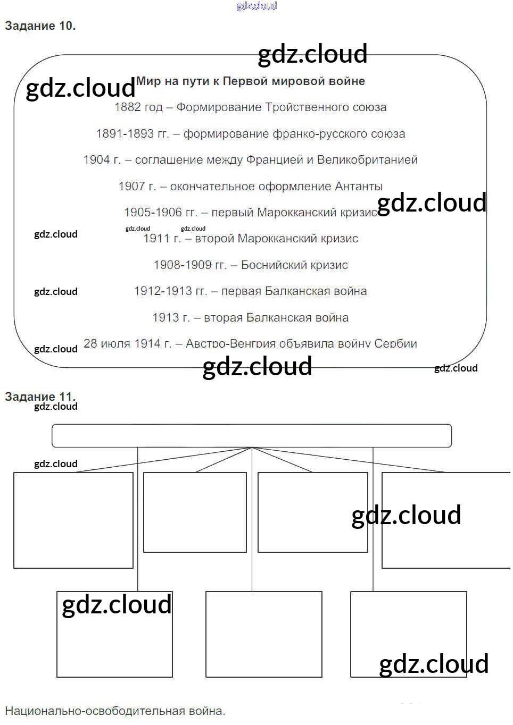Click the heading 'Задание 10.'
(x=40, y=26)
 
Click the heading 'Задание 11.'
(x=40, y=397)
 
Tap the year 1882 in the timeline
(x=128, y=107)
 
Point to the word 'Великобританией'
(x=367, y=160)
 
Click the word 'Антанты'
(x=359, y=187)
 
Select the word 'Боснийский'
(x=275, y=265)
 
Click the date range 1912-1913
(x=163, y=291)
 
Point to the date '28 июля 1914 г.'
(x=127, y=344)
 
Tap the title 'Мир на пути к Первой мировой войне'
(x=251, y=81)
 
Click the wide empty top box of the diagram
(x=252, y=436)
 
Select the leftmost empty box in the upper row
(x=73, y=520)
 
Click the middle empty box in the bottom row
(x=264, y=634)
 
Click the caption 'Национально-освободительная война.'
(x=115, y=711)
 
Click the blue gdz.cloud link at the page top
(x=256, y=6)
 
